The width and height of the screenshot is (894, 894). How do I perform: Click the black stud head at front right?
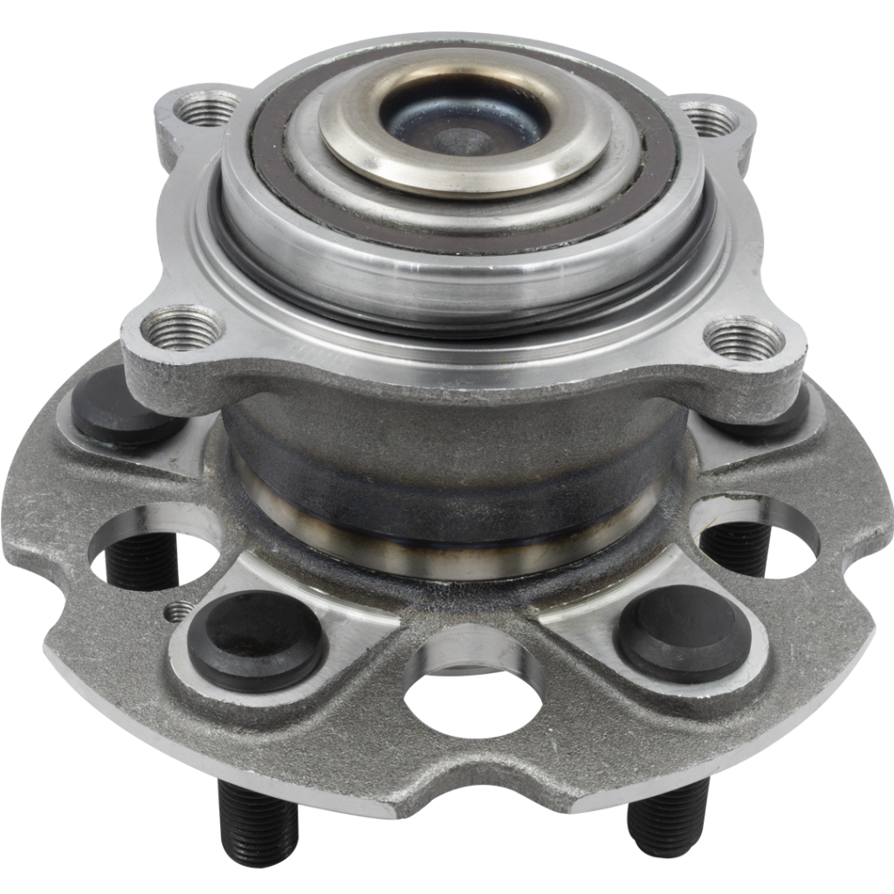[682, 633]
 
